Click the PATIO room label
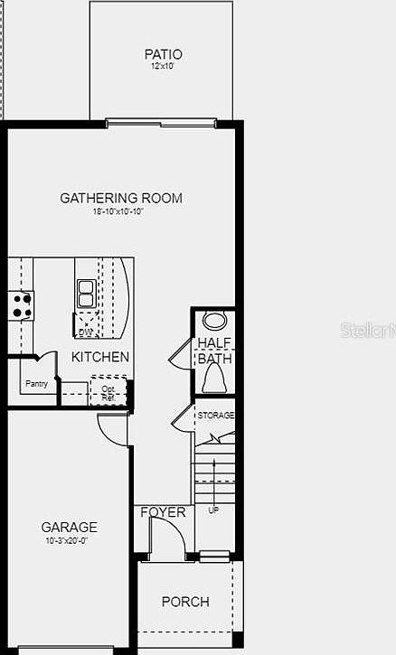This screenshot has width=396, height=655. [x=163, y=54]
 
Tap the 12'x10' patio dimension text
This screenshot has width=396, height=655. [x=163, y=66]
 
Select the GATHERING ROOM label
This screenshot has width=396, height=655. [x=121, y=198]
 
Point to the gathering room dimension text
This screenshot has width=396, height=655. [x=118, y=211]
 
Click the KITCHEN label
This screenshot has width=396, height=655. [x=100, y=357]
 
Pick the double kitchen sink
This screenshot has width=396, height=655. [x=86, y=294]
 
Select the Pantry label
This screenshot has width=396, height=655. [x=37, y=382]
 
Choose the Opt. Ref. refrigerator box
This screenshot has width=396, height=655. [x=108, y=392]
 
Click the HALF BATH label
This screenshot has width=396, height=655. [x=215, y=351]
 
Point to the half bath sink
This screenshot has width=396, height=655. [x=215, y=320]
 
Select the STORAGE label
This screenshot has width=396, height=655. [x=216, y=415]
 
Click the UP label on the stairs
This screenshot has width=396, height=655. [x=213, y=510]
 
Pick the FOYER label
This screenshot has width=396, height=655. [x=163, y=512]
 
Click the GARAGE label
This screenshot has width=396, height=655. [x=69, y=528]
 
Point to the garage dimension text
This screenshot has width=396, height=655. [x=69, y=540]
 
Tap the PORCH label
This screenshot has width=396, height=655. [x=185, y=602]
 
